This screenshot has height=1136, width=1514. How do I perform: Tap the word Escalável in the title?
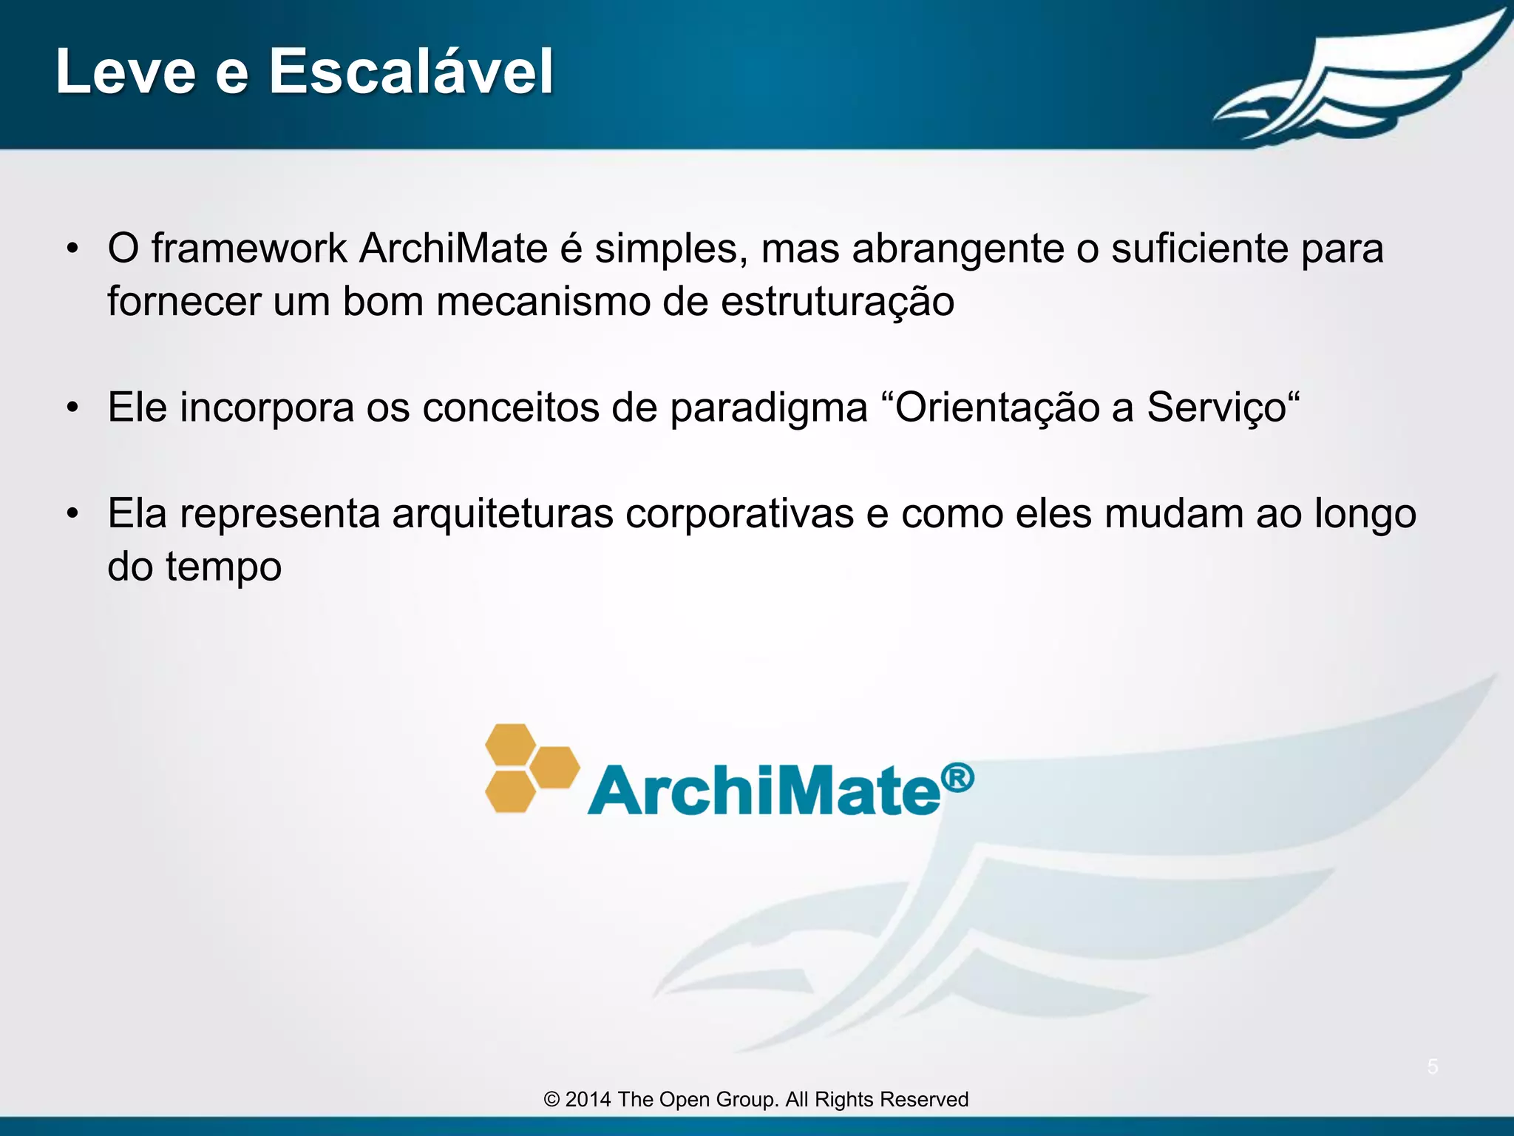410,72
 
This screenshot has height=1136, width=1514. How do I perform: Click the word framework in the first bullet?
249,248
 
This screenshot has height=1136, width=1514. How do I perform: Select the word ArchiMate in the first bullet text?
453,248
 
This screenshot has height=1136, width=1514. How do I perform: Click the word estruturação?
838,302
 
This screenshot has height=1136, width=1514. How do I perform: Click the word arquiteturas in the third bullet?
503,513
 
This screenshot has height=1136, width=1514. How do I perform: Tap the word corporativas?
739,513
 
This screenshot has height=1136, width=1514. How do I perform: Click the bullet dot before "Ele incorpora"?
72,408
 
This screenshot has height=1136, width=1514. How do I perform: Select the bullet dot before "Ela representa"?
72,514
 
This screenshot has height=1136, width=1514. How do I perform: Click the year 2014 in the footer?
588,1100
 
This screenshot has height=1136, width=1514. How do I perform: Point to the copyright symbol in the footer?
551,1100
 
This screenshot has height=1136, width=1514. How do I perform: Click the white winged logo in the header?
1360,78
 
